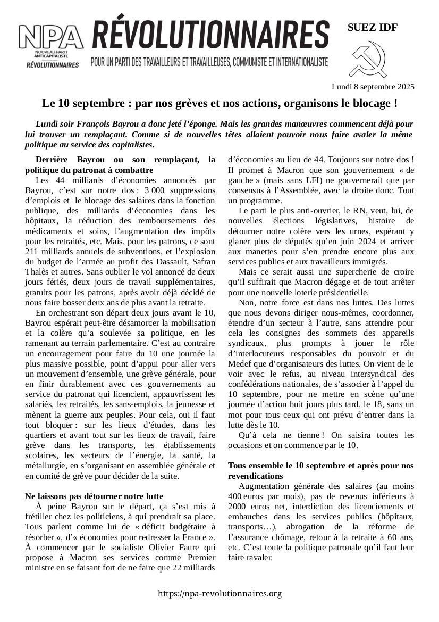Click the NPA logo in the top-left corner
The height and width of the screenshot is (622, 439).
[x=51, y=45]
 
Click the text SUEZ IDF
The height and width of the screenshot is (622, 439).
[x=372, y=28]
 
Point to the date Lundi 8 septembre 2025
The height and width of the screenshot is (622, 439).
[x=373, y=86]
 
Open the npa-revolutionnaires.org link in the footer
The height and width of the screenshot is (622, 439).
[x=219, y=593]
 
